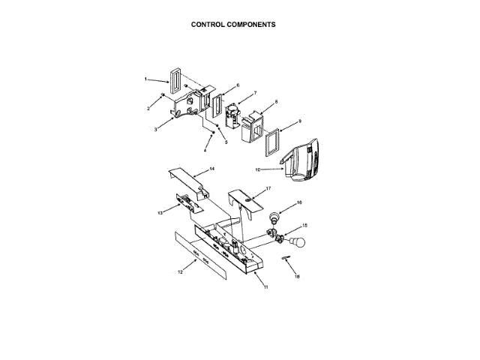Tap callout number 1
click(145, 79)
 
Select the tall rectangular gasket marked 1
click(175, 81)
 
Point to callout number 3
click(155, 130)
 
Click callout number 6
click(238, 85)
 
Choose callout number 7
click(255, 93)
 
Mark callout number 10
click(257, 170)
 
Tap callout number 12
click(180, 271)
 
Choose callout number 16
click(299, 202)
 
